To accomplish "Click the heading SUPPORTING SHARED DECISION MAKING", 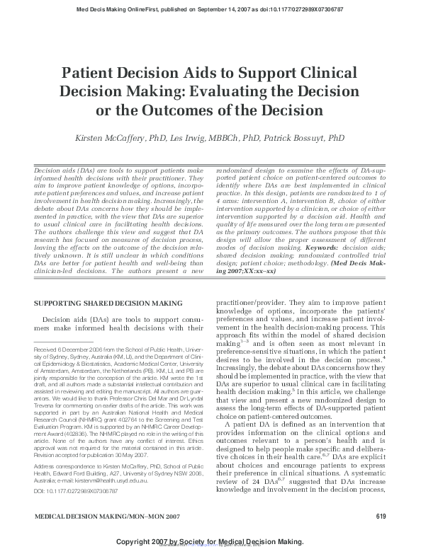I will [103, 303].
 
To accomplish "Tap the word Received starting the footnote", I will [49, 350].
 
